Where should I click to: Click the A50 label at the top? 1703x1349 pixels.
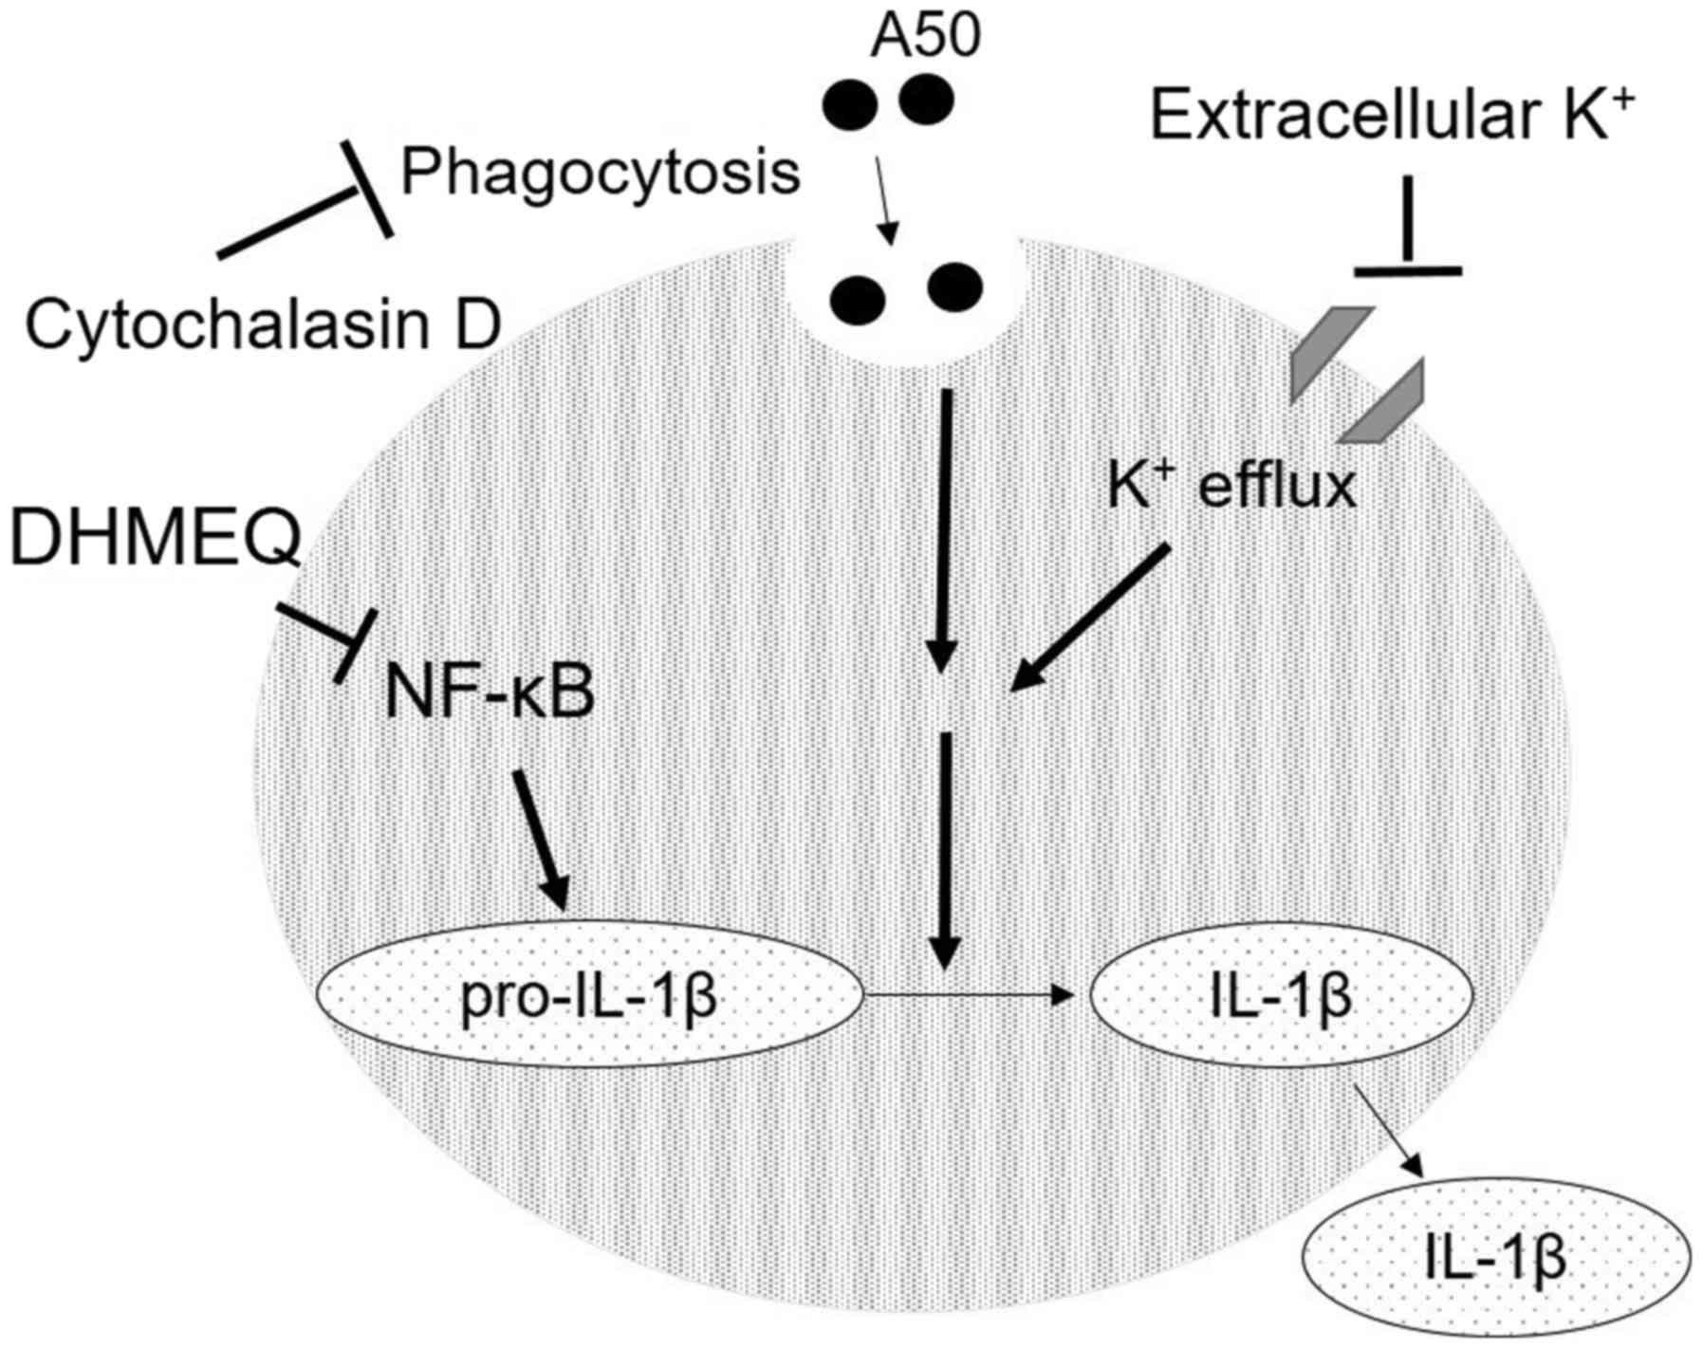tap(924, 35)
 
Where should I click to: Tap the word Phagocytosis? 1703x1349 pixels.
tap(601, 173)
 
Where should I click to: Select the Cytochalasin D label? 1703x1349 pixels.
tap(262, 324)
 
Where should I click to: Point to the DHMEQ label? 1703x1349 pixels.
tap(155, 537)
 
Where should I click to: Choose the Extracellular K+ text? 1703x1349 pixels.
tap(1393, 117)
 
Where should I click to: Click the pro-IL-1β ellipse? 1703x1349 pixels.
tap(588, 996)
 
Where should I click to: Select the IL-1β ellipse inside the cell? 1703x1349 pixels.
tap(1281, 996)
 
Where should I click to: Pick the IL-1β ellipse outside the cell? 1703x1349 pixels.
tap(1495, 1257)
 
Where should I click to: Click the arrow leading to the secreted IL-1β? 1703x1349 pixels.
tap(1390, 1129)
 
